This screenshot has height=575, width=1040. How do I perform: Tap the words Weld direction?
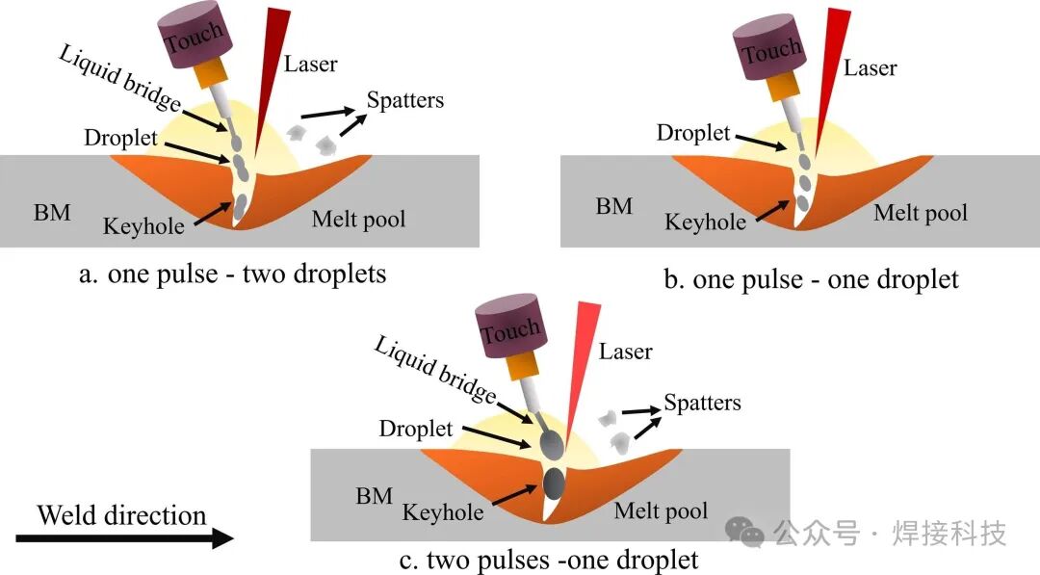coord(121,515)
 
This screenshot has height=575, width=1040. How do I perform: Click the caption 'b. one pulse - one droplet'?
coord(812,279)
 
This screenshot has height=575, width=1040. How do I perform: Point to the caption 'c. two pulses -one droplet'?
coord(549,559)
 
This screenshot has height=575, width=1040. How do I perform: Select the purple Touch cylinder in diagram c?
coord(511,332)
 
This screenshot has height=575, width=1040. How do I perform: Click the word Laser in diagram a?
coord(310,65)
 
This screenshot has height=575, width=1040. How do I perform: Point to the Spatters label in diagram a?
coord(405,100)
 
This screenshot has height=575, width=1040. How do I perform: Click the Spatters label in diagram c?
coord(702,402)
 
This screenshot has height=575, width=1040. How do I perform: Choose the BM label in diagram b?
coord(613,206)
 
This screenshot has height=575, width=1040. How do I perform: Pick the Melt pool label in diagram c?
coord(661,510)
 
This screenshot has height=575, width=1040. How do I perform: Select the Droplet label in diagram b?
coord(693,133)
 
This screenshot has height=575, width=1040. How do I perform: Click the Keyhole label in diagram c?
coord(442,511)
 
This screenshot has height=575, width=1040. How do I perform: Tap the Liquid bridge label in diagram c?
coord(434,370)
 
